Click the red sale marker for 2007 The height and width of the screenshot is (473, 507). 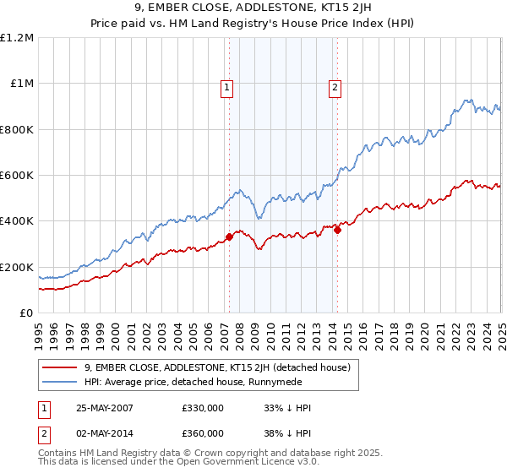click(x=229, y=237)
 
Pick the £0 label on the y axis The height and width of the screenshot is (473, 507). click(x=27, y=313)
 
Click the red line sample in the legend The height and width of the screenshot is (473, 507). click(x=60, y=367)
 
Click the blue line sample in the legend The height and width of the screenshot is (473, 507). click(x=60, y=382)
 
